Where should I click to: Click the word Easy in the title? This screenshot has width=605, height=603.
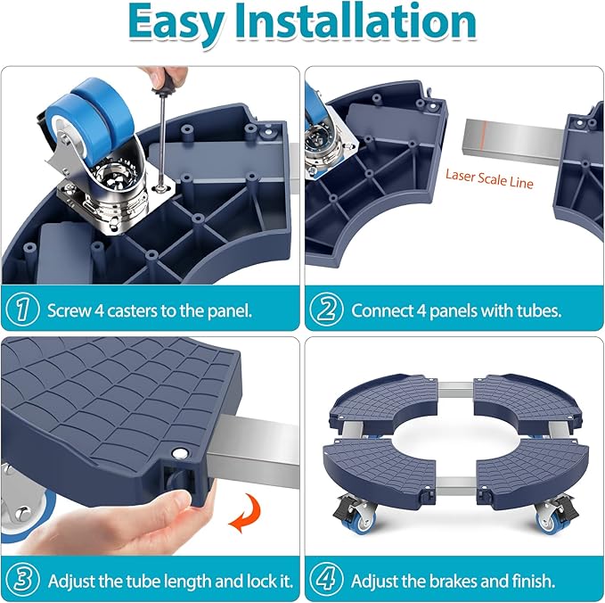tap(176, 23)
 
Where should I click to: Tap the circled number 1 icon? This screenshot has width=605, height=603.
tap(22, 309)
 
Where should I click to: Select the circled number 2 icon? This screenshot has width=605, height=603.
tap(326, 309)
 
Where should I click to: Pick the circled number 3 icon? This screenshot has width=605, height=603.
tap(22, 580)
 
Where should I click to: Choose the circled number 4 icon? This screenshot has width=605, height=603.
tap(326, 580)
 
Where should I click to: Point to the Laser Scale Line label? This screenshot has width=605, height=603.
tap(489, 179)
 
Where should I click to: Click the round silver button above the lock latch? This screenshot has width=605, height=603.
tap(178, 452)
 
